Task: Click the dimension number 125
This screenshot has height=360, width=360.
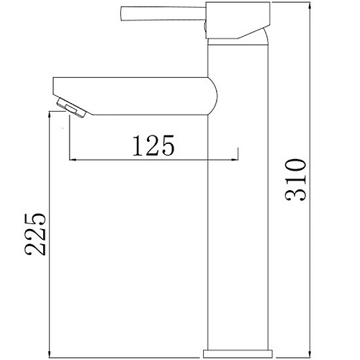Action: coord(153,145)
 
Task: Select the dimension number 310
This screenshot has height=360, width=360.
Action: coord(296,179)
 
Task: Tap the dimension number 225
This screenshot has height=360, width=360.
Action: coord(35,234)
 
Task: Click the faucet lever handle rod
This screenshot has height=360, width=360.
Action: coord(163,14)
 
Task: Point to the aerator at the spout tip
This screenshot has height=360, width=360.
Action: coord(71,108)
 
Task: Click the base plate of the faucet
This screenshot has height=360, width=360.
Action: coord(238,354)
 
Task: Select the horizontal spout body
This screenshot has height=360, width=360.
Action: coord(135,96)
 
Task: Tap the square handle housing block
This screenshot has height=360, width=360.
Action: coord(238,20)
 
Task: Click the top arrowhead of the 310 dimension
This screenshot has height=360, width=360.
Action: coord(310,5)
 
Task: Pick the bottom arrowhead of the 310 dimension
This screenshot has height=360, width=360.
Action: coord(310,354)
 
